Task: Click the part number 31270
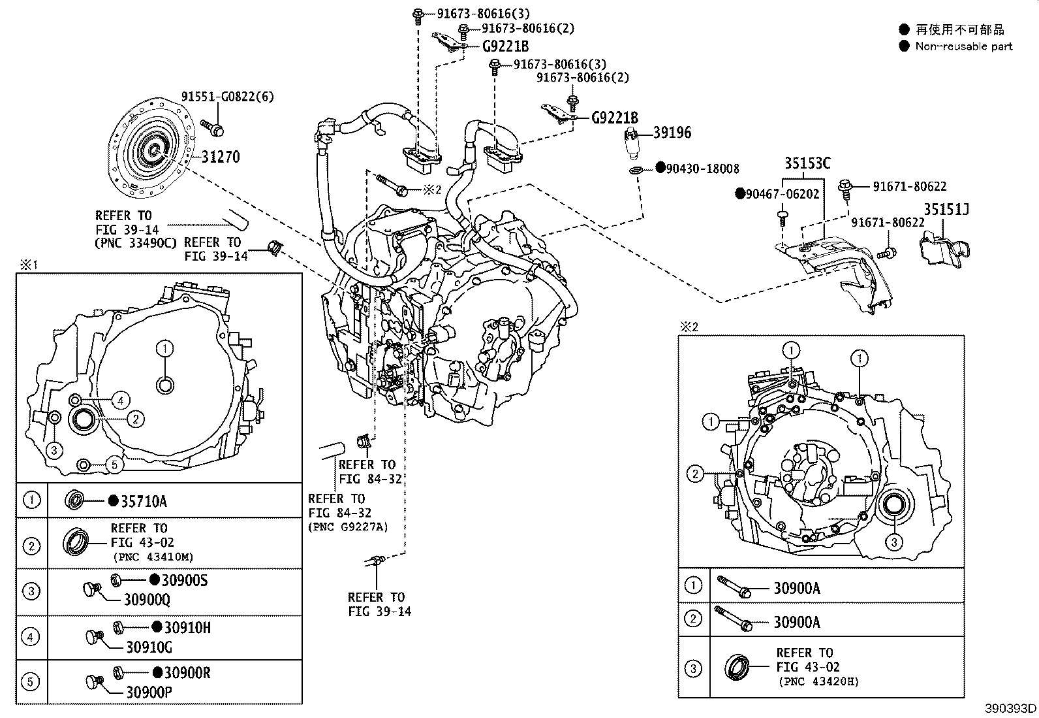coord(220,157)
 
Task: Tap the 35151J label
coord(946,209)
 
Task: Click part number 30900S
coord(185,580)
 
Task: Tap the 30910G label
coord(149,647)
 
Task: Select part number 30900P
coord(149,693)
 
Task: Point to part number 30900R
coord(187,673)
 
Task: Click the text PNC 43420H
coord(818,681)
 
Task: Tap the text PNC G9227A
coord(348,527)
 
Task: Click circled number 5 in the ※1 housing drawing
coord(114,465)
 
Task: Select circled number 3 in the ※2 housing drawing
coord(893,542)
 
